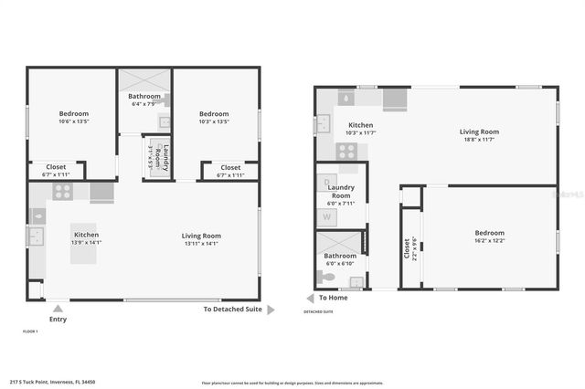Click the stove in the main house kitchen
point(62,192)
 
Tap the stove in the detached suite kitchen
point(347,152)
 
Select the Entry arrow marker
point(58,308)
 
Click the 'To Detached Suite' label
point(232,310)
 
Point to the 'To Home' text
point(333,298)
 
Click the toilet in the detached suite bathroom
point(329,277)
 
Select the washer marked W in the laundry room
point(327,217)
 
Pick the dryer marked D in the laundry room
point(327,183)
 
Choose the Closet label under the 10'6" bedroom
point(56,167)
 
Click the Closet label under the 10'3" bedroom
point(230,167)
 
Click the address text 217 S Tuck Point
point(53,382)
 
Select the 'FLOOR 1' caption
point(30,331)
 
